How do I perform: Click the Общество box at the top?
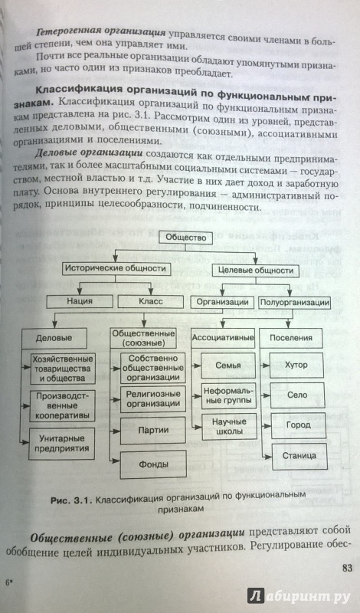coord(185,237)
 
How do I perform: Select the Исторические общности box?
coord(116,269)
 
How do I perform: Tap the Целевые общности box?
coord(255,270)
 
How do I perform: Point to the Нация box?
coord(80,301)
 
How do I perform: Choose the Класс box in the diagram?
coord(150,301)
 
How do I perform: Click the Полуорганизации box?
coord(294,302)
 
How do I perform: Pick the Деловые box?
coord(54,338)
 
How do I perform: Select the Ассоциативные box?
coord(223,338)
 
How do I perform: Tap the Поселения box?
coord(291,338)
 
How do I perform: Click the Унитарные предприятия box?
coord(61,444)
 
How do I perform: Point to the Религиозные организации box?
coord(153,398)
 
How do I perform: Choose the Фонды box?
coord(154,465)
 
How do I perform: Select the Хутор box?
coord(297,366)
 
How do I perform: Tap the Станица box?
coord(299,456)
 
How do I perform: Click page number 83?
coord(347,568)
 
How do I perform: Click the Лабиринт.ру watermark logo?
coord(299,596)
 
